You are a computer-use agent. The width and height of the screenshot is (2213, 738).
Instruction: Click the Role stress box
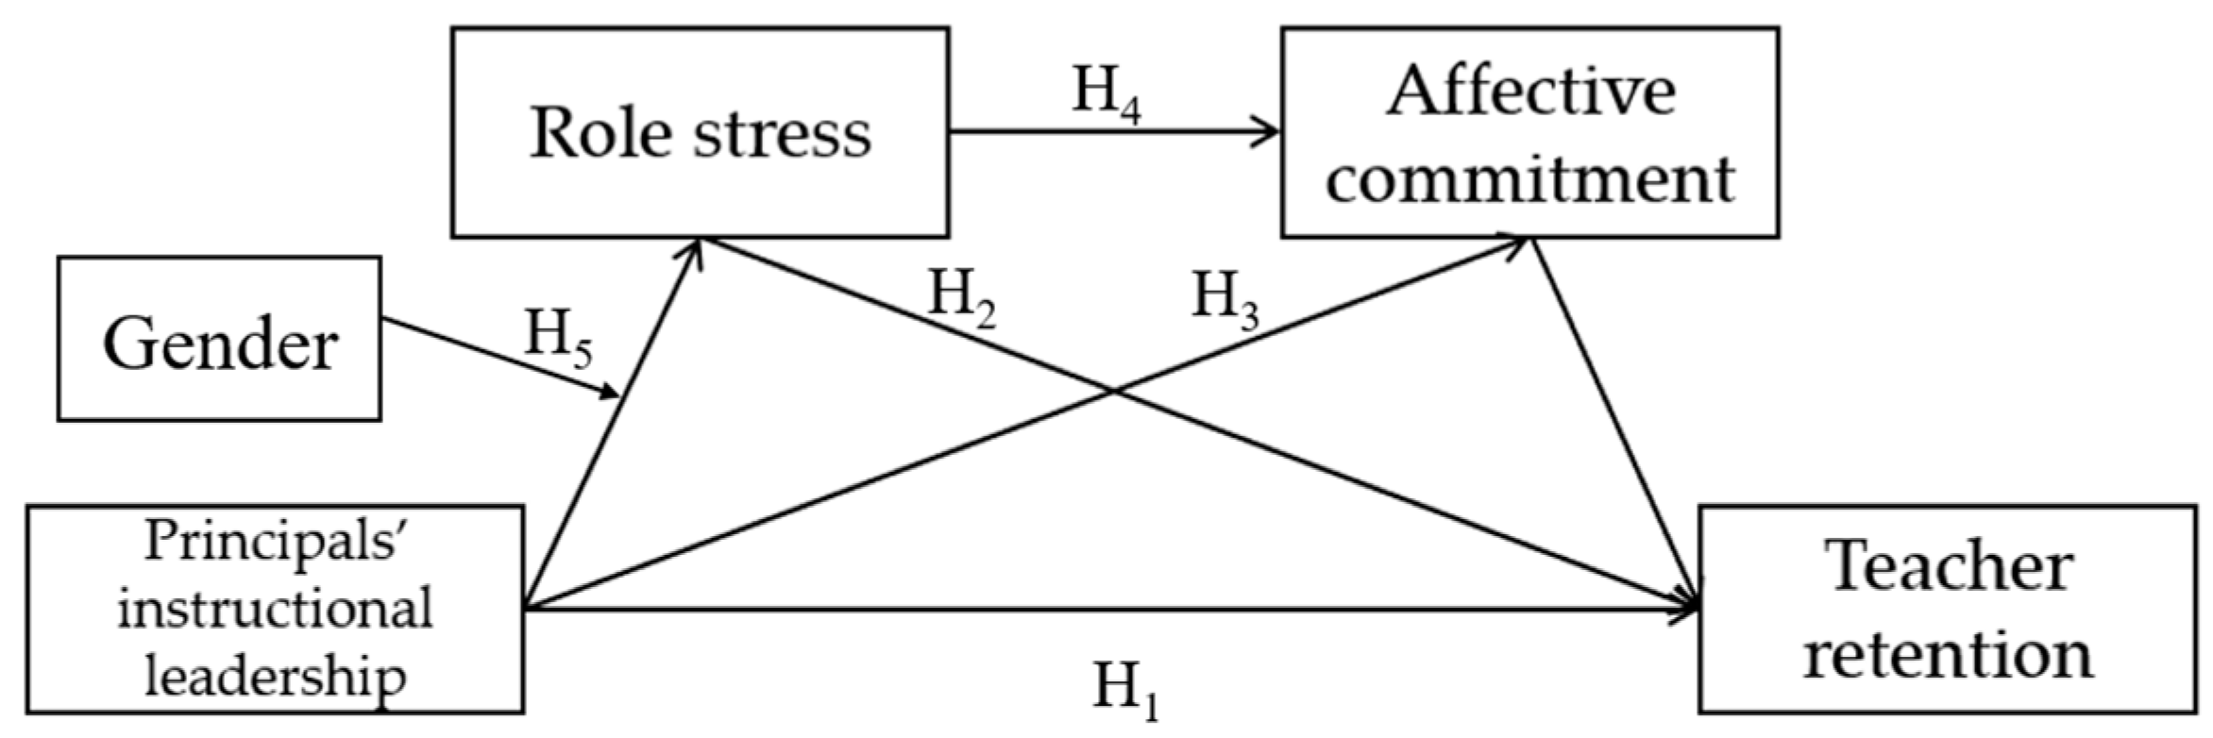[700, 132]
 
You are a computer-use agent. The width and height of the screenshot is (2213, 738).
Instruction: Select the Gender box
[219, 339]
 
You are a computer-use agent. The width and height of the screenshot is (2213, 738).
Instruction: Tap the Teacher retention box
[1947, 609]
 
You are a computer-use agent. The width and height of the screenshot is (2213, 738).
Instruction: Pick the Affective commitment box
[1529, 132]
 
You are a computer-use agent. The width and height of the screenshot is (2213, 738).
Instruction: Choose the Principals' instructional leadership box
[275, 609]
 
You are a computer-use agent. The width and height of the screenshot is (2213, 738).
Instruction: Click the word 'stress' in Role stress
[783, 133]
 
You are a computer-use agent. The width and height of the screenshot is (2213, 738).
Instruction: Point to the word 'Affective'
[1530, 92]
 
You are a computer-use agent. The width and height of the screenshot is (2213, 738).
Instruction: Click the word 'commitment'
[1529, 177]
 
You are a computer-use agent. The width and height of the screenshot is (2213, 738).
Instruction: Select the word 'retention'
[1948, 653]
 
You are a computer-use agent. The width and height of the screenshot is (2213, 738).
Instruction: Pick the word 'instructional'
[275, 607]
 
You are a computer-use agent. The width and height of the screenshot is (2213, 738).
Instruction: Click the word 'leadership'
[275, 674]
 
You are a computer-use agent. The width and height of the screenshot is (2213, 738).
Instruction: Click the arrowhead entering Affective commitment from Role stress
[1271, 132]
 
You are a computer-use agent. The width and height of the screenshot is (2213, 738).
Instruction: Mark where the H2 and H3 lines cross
[1115, 390]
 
